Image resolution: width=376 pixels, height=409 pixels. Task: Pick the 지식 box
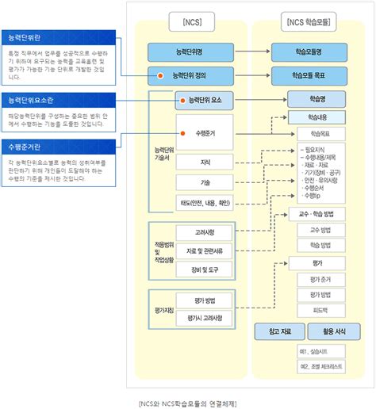pos(205,162)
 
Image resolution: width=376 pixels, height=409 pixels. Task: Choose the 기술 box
pos(205,182)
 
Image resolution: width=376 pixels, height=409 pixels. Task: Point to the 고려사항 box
pos(205,232)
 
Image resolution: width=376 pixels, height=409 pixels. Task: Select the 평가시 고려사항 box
pos(205,318)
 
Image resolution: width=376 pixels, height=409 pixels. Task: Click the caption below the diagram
pos(187,403)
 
